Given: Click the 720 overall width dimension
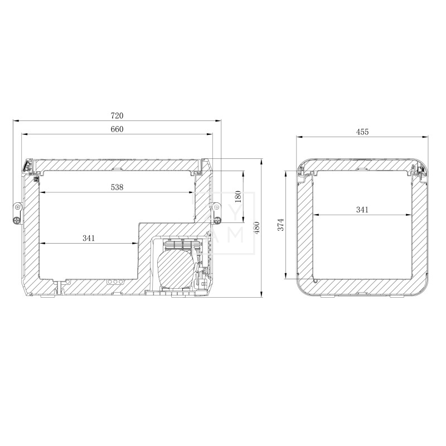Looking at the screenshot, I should coord(117,116).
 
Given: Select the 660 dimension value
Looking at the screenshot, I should coord(117,129).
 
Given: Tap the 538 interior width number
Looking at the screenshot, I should coord(117,188).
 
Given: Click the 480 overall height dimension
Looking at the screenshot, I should coord(256,228).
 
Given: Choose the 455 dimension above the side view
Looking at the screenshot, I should coord(362,132).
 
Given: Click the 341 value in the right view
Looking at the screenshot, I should coord(362,210).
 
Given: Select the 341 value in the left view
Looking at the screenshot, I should coord(89,238).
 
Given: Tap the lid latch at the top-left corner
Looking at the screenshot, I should coord(27,167).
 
